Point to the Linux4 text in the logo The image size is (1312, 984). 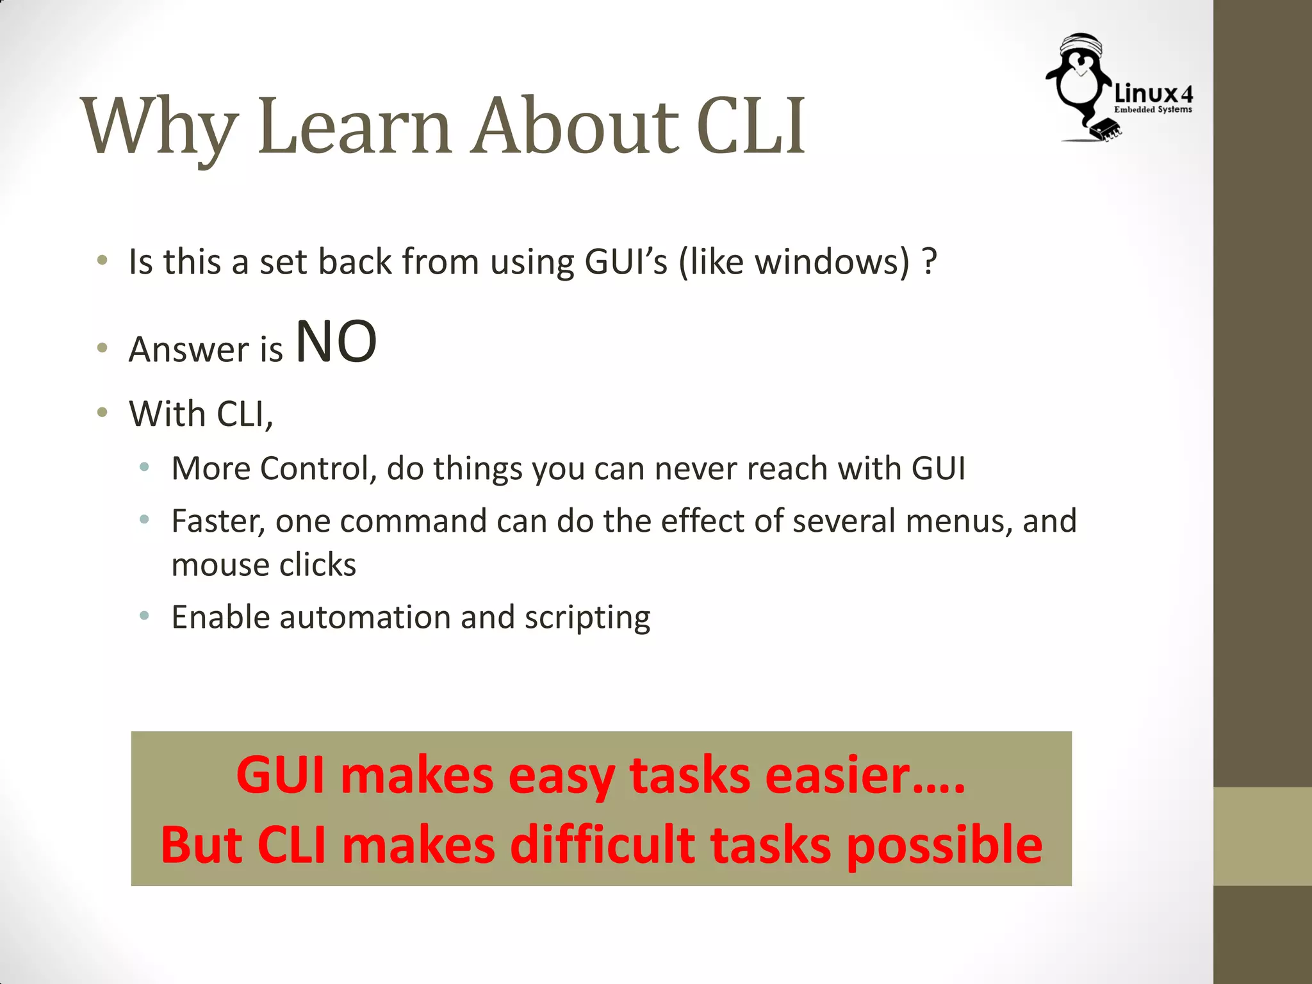pos(1154,94)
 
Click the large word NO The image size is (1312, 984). pos(336,343)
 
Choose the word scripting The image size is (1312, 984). pos(587,619)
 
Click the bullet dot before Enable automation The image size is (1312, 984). pos(145,616)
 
